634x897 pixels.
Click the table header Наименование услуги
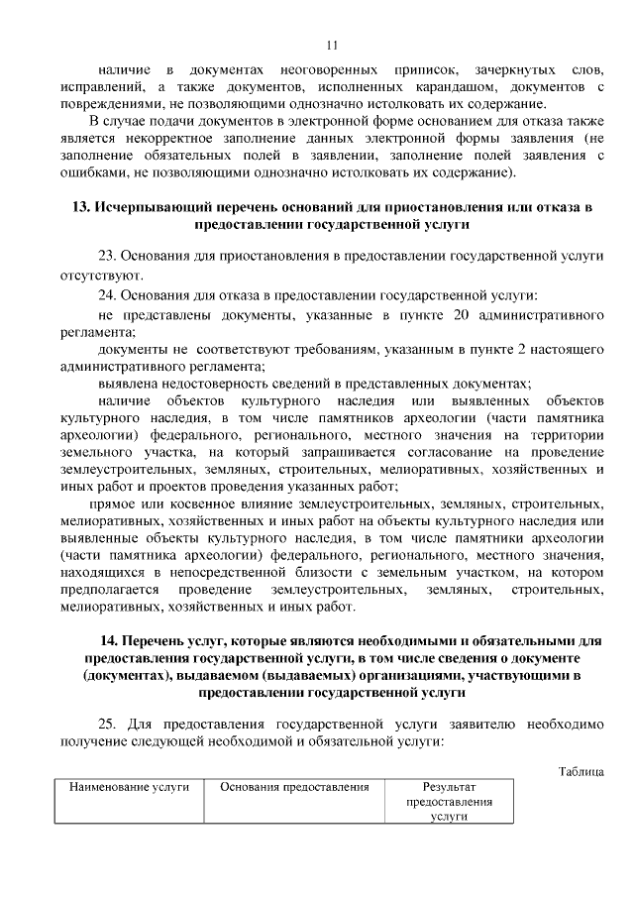tap(129, 786)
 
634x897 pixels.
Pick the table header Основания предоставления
tap(295, 786)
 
